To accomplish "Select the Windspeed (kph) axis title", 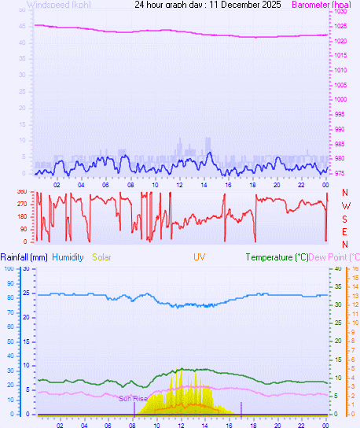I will point(58,5).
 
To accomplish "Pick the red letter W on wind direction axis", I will point(345,206).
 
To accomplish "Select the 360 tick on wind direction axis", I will point(21,192).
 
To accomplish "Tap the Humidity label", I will point(68,257).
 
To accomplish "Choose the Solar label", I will point(102,257).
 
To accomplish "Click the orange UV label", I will point(200,257).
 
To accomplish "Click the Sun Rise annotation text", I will point(133,398).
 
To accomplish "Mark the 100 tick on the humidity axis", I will point(9,268).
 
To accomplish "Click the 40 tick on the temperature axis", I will point(338,268).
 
